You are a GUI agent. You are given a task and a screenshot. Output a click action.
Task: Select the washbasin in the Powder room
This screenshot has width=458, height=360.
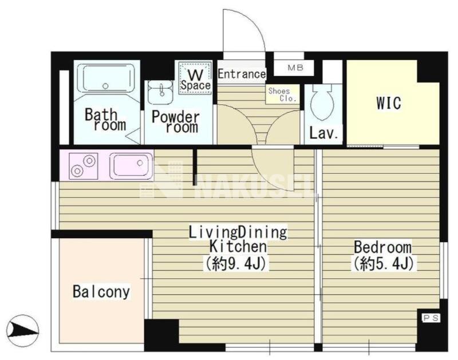[160, 92]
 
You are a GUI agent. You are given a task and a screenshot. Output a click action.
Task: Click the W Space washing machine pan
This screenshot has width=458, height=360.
[195, 77]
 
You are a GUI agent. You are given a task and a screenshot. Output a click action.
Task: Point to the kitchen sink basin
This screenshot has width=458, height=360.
[131, 166]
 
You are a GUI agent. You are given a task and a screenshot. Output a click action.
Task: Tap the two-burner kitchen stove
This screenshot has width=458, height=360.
[83, 165]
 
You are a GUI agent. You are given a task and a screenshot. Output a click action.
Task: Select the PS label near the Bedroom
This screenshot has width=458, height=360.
[431, 318]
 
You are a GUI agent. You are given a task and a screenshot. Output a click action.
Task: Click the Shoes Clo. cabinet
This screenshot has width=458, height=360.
[283, 94]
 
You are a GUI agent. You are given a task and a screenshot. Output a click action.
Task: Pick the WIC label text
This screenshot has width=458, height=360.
[389, 102]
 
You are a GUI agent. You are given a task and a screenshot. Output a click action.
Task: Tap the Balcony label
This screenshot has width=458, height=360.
[101, 291]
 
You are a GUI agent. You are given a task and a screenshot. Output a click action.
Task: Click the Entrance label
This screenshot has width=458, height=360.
[242, 74]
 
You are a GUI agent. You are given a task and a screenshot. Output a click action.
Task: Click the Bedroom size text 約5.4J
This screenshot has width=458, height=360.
[383, 263]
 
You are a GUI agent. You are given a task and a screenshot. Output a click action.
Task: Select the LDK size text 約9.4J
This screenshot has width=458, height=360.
[236, 263]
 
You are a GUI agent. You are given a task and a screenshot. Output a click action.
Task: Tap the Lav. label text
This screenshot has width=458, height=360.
[324, 133]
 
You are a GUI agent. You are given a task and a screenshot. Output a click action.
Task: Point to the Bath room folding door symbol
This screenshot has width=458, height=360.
[133, 136]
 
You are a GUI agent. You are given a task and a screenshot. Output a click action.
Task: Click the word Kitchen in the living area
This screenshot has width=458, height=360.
[238, 247]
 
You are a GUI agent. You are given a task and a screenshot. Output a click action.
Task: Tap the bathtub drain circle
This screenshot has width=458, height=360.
[105, 86]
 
